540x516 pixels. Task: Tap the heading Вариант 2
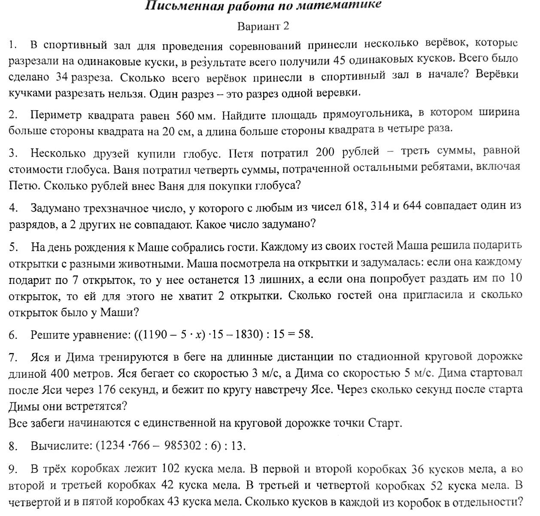263,26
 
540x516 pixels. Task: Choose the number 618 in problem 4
355,206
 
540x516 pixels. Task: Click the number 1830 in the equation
248,335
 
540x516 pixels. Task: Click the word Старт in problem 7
384,423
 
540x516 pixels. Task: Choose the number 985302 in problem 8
182,446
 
